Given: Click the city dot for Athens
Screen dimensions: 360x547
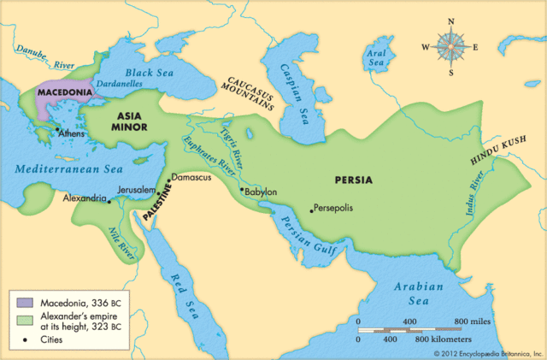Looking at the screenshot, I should click(x=57, y=131).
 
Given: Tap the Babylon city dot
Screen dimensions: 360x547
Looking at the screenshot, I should click(x=242, y=189).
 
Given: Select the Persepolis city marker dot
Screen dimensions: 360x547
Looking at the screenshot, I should click(x=310, y=209).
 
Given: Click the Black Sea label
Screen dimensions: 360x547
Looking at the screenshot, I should click(x=150, y=74).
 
